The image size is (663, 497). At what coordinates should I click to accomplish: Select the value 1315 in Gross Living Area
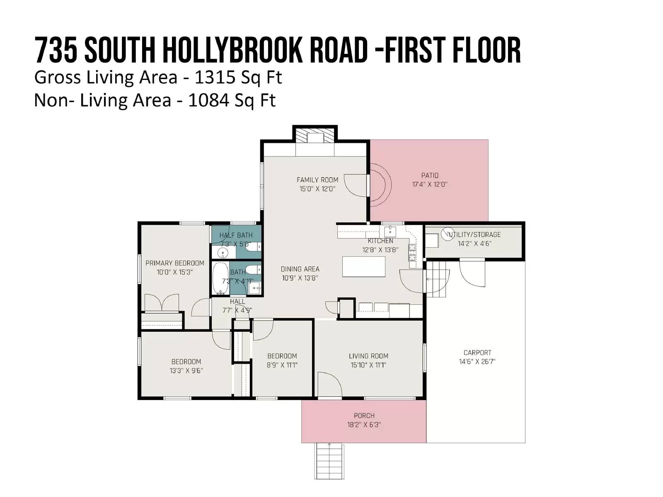[x=215, y=77]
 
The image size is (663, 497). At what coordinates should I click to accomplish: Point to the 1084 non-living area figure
[x=208, y=100]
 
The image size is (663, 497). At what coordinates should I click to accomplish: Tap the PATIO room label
[x=430, y=175]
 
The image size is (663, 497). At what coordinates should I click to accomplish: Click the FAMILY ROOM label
[x=317, y=180]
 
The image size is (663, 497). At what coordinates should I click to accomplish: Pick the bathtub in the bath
[x=220, y=278]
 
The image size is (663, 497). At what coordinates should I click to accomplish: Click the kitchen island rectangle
[x=363, y=266]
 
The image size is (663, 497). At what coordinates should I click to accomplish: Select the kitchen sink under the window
[x=390, y=232]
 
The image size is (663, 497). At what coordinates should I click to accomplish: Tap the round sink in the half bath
[x=223, y=252]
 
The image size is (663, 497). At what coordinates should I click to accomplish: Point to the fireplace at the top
[x=315, y=136]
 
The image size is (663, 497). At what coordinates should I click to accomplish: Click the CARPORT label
[x=477, y=352]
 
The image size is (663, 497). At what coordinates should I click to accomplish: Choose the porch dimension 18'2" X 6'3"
[x=364, y=425]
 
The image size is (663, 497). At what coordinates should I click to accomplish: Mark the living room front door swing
[x=330, y=384]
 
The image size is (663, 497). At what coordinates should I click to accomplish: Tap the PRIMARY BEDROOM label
[x=174, y=263]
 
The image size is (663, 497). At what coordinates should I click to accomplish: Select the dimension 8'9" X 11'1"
[x=282, y=365]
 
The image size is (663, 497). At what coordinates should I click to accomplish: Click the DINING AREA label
[x=300, y=269]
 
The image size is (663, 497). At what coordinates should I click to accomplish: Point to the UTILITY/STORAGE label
[x=474, y=234]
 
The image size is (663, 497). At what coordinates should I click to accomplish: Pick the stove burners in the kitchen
[x=412, y=252]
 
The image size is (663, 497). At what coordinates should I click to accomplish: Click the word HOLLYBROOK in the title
[x=232, y=50]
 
